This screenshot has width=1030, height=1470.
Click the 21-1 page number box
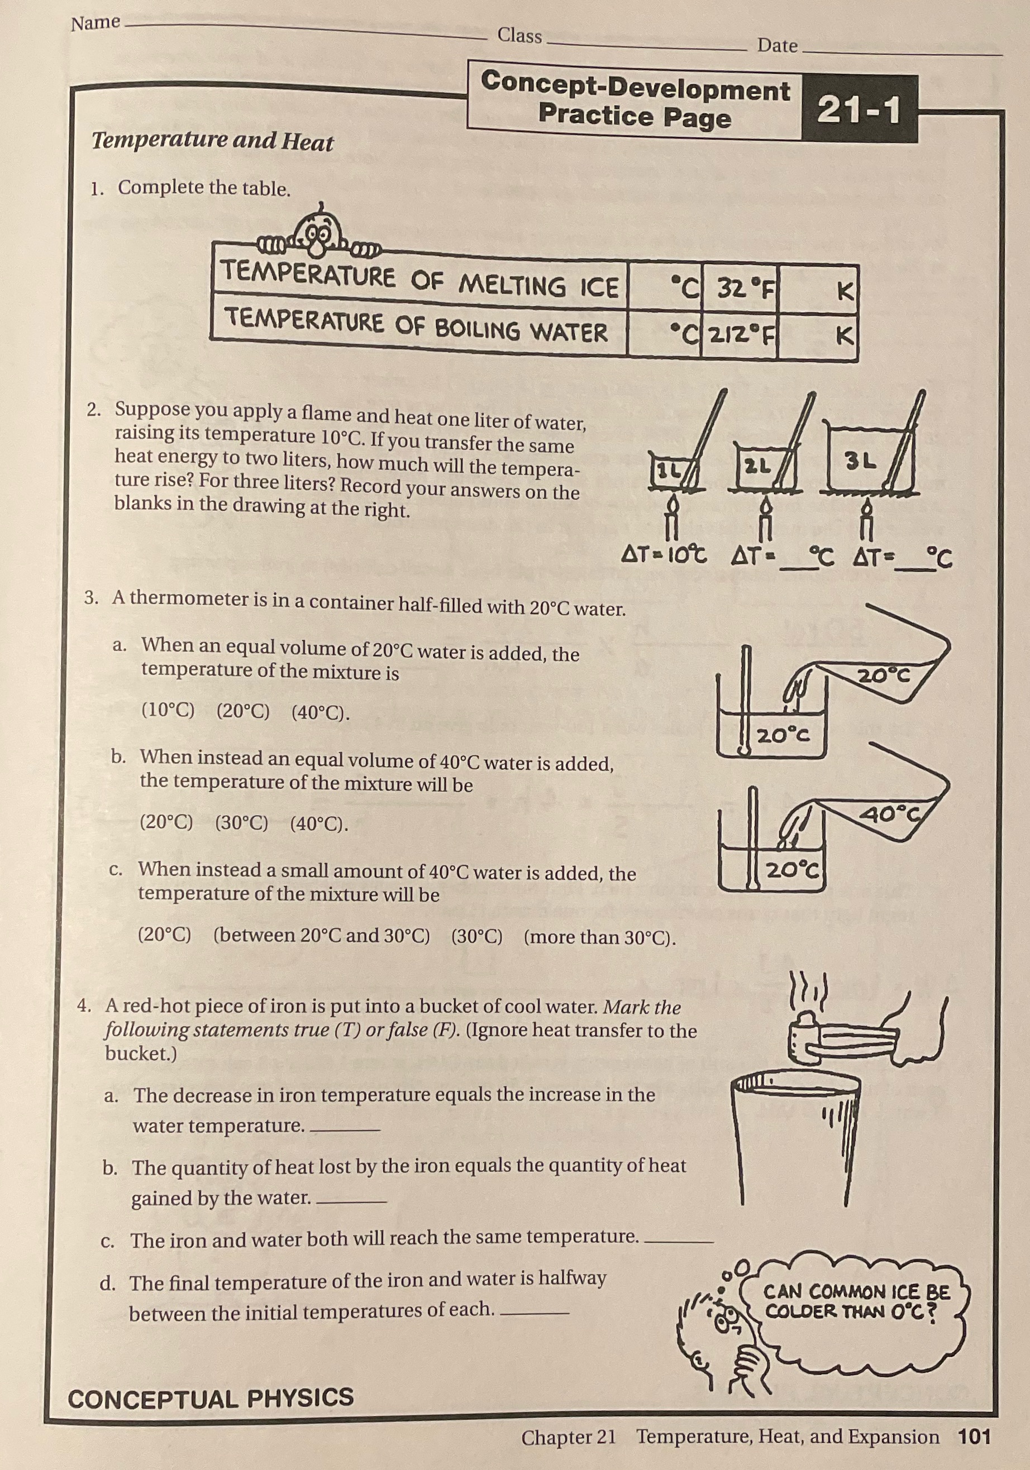point(859,109)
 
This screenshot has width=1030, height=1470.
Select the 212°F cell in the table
point(741,332)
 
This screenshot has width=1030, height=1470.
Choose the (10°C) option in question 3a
point(168,710)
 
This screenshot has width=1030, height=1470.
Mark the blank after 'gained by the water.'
point(352,1202)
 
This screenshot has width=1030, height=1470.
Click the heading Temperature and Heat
point(212,141)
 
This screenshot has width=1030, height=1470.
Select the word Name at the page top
point(96,23)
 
